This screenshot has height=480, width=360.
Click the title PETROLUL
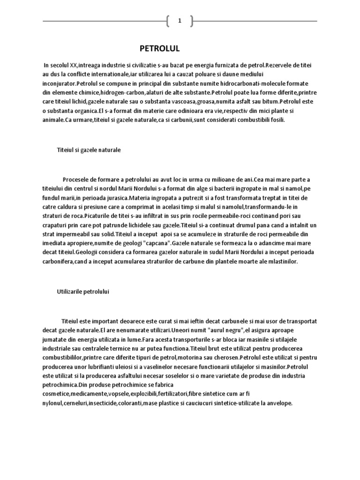tap(160, 48)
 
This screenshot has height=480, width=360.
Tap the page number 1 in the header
tap(180, 21)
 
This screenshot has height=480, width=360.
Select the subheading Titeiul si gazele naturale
tap(89, 150)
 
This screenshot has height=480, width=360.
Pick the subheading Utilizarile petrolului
tap(83, 291)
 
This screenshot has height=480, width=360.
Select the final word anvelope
tap(280, 403)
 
